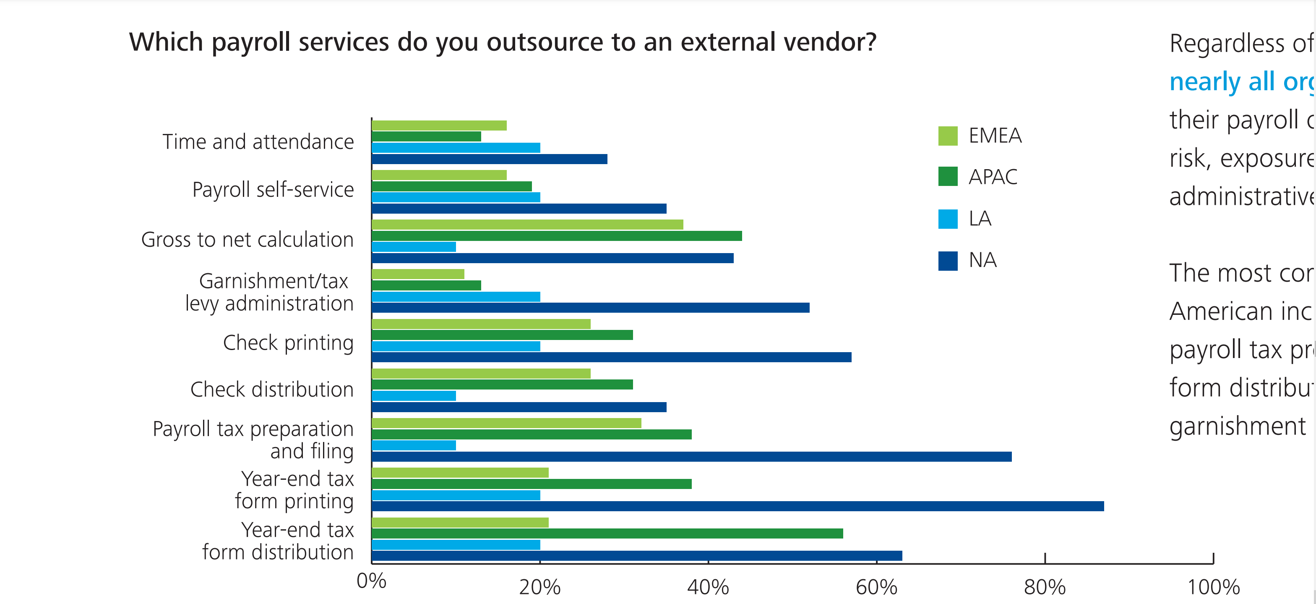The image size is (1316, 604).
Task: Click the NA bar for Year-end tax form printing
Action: click(x=737, y=506)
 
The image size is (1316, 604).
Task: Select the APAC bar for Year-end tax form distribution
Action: click(x=607, y=533)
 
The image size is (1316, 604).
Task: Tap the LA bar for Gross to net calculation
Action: click(x=414, y=247)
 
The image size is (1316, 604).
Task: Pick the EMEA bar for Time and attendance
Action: click(x=439, y=126)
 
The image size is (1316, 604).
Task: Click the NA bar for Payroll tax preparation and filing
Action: click(x=692, y=456)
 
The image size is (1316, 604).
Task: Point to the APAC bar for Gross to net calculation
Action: click(x=557, y=235)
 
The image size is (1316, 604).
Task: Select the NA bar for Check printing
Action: click(x=612, y=357)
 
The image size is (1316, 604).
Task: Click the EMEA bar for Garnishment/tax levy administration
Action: click(x=418, y=275)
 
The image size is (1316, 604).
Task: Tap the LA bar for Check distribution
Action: click(x=414, y=395)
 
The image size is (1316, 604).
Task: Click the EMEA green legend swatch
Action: click(x=948, y=136)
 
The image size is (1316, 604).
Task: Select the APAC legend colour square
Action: click(x=948, y=177)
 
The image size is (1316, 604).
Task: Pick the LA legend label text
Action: click(x=980, y=219)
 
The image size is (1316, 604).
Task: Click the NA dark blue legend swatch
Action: click(x=948, y=261)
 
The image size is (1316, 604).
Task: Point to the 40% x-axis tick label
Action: click(x=708, y=587)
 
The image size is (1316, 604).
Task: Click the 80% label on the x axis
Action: click(x=1045, y=587)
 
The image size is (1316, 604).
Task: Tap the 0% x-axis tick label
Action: click(x=371, y=581)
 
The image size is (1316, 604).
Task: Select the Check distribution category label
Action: click(x=272, y=390)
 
